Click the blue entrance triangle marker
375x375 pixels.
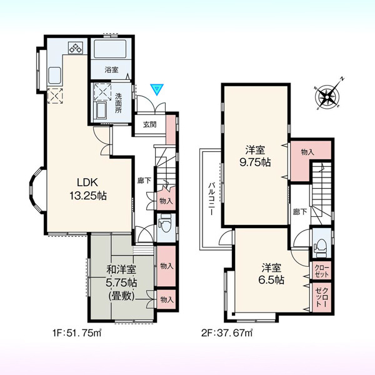click(x=157, y=89)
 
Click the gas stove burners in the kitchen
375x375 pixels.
click(x=76, y=47)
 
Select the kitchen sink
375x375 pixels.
click(x=54, y=76)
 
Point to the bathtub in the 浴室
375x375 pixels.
click(x=110, y=49)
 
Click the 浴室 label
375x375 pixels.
click(x=111, y=70)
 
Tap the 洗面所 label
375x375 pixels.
click(x=118, y=103)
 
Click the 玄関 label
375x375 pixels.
click(x=150, y=124)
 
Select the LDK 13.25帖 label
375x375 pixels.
click(x=87, y=189)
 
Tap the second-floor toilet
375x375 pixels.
click(x=320, y=247)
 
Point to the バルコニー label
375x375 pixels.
click(x=211, y=199)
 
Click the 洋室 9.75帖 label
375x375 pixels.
click(x=255, y=156)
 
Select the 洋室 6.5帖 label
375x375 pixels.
click(x=271, y=274)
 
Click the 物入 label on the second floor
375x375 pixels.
click(x=307, y=152)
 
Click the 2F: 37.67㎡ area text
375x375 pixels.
click(x=227, y=333)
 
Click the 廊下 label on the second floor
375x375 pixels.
click(x=300, y=212)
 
